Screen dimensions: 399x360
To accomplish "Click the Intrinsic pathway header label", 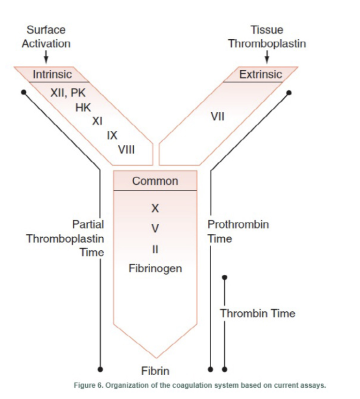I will click(x=52, y=75).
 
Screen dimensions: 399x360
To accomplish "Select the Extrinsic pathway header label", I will click(x=260, y=75).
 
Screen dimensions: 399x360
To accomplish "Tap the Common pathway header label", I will click(x=155, y=181).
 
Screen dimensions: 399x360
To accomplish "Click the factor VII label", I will click(x=217, y=116).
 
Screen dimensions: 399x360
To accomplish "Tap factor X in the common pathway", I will click(x=155, y=209).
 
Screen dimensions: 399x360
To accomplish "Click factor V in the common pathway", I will click(x=155, y=228).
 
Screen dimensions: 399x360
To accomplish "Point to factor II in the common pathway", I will click(x=155, y=249).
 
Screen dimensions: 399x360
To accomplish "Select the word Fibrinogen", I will click(x=155, y=268).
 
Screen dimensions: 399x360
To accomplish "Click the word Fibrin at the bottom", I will click(x=155, y=371).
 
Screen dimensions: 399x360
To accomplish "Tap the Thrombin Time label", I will click(x=257, y=313).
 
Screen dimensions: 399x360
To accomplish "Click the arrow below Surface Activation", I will click(x=46, y=57).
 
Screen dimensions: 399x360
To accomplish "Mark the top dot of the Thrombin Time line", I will click(x=224, y=277).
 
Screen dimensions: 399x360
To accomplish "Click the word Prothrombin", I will click(x=238, y=225).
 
